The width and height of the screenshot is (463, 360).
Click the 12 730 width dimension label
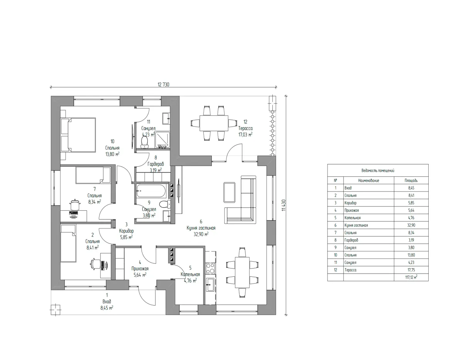[x=164, y=85]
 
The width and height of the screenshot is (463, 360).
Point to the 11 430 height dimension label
[x=284, y=205]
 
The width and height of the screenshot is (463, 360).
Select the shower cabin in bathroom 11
[x=162, y=140]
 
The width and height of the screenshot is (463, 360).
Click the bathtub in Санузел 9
[x=151, y=191]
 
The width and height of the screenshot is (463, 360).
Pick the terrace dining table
[x=214, y=123]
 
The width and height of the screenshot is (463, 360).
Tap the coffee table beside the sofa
[x=230, y=192]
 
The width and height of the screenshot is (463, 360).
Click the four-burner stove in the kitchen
[x=210, y=269]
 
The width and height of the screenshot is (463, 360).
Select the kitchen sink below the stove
[x=210, y=285]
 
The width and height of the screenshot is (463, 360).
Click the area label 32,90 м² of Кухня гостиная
[x=201, y=234]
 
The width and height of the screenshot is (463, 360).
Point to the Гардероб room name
[x=156, y=164]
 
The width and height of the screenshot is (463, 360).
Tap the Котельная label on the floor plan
[x=190, y=274]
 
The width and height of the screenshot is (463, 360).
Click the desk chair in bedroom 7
[x=74, y=205]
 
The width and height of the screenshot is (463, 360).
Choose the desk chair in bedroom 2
[x=95, y=264]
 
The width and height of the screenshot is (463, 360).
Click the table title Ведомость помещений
[x=378, y=171]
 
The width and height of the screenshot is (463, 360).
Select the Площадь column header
[x=411, y=181]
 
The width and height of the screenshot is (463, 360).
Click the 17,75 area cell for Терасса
[x=411, y=270]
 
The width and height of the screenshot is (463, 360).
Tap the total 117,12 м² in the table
[x=411, y=277]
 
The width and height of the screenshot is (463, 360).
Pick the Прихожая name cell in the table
[x=351, y=210]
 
